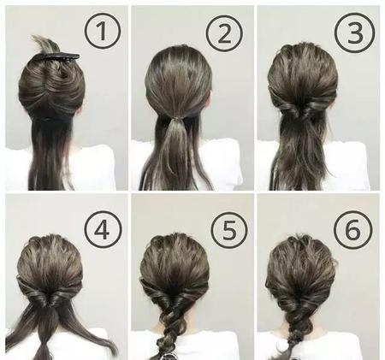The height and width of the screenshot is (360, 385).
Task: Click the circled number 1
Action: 103,31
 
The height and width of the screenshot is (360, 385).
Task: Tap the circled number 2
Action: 225,33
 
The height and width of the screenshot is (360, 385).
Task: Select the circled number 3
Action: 354,32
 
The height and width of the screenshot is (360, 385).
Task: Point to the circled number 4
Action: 103,229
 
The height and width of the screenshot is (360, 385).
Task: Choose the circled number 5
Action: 229,230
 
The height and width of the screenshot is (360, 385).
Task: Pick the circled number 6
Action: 353,229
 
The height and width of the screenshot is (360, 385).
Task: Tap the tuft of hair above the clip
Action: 45,44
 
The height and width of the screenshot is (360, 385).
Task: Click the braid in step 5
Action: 169,328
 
